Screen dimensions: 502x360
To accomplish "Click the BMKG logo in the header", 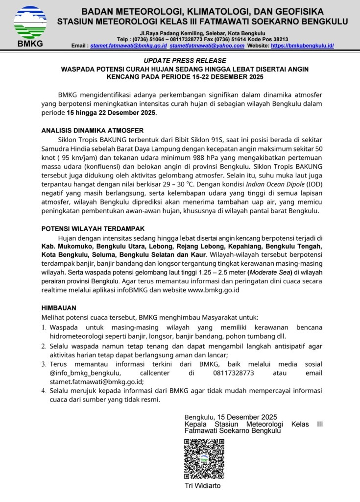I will point(30,25).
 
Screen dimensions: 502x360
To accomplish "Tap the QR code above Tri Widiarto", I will point(204,459).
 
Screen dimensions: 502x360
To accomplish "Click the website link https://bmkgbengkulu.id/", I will point(302,45).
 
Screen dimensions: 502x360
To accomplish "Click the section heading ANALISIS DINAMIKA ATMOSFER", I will point(92,130).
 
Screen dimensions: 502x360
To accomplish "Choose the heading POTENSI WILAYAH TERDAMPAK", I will point(93,228).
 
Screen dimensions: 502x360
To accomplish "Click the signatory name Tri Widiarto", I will point(203,486).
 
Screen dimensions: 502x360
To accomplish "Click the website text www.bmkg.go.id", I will point(214,290).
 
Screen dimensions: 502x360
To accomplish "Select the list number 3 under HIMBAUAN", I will point(43,364).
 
